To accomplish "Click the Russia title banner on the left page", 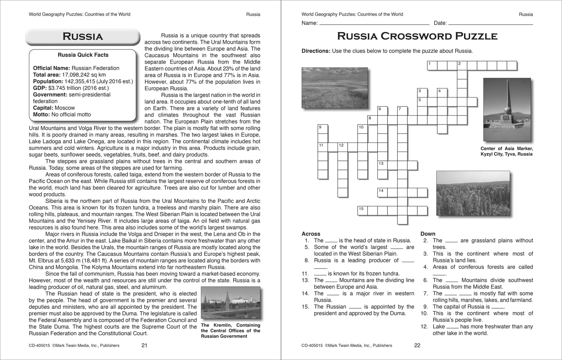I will pyautogui.click(x=82, y=36).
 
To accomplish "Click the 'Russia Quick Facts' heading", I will pyautogui.click(x=83, y=55).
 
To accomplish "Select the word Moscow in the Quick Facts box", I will pyautogui.click(x=65, y=108).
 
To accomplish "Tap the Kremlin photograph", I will pyautogui.click(x=230, y=304).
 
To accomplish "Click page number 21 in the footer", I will pyautogui.click(x=144, y=345).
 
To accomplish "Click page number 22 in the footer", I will pyautogui.click(x=417, y=345).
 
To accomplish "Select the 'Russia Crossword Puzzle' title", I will pyautogui.click(x=417, y=36).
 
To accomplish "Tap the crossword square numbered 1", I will pyautogui.click(x=432, y=66).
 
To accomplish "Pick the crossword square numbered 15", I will pyautogui.click(x=362, y=210).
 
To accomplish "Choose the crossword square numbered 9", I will pyautogui.click(x=323, y=129).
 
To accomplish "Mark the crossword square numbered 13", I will pyautogui.click(x=382, y=165).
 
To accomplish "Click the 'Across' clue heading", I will pyautogui.click(x=311, y=234).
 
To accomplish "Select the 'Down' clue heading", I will pyautogui.click(x=428, y=234).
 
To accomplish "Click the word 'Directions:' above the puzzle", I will pyautogui.click(x=316, y=51).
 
